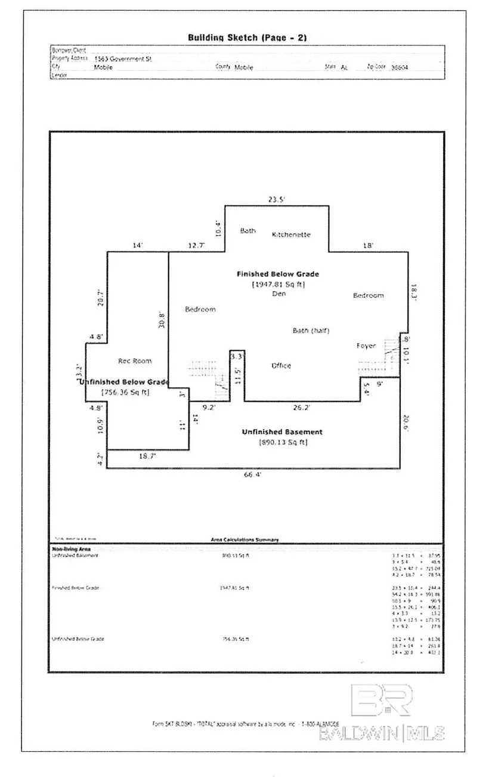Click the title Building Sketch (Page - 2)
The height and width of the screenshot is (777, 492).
247,38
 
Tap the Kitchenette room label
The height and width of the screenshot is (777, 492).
291,235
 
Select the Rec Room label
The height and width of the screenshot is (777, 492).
135,360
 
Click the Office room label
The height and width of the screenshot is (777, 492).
281,365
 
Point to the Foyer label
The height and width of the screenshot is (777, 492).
366,346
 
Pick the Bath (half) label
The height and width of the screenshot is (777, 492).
311,331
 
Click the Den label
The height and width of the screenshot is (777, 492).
279,294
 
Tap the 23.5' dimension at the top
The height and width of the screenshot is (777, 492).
277,200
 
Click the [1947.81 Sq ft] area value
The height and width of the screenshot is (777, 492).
279,284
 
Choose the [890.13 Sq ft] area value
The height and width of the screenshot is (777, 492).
282,442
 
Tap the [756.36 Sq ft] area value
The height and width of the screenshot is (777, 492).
125,392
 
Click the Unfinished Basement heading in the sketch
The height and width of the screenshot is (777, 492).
282,432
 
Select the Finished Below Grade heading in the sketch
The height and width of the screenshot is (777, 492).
278,274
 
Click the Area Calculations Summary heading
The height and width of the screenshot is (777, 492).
245,539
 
